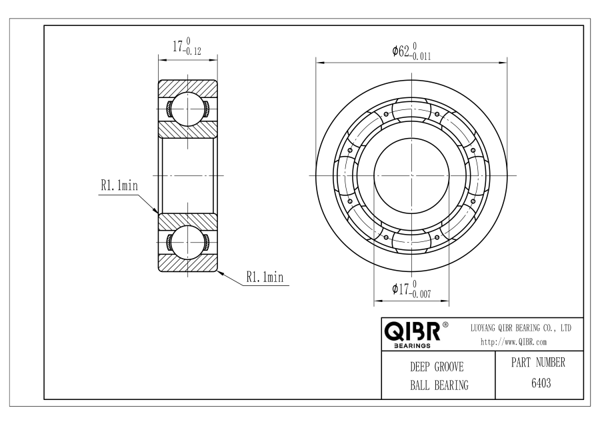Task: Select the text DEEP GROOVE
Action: click(x=437, y=367)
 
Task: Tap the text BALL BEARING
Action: click(x=437, y=385)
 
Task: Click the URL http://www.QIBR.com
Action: click(x=513, y=342)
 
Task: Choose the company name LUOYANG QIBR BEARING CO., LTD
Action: click(x=521, y=329)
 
